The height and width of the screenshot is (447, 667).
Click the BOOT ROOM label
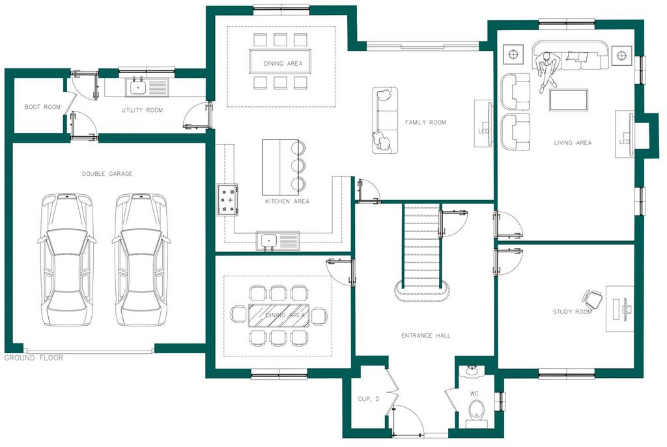click(42, 107)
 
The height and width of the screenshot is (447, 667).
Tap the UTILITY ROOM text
click(142, 110)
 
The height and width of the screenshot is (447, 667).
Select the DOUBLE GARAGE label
click(107, 174)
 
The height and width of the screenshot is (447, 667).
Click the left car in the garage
click(65, 259)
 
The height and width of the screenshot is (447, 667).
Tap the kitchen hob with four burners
click(227, 199)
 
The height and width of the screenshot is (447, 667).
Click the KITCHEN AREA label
click(287, 201)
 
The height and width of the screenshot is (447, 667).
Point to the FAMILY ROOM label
click(425, 123)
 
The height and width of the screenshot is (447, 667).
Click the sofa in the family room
click(384, 121)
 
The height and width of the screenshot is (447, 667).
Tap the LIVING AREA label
click(573, 143)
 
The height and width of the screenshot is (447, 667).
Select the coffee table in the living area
click(569, 100)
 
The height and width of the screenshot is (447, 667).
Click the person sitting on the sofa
click(548, 69)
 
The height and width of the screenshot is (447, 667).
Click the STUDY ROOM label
click(572, 312)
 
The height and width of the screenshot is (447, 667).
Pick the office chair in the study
click(593, 300)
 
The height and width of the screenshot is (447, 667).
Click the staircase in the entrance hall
click(422, 248)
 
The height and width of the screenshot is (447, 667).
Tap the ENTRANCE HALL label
click(425, 336)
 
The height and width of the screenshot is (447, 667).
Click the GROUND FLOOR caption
click(34, 358)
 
